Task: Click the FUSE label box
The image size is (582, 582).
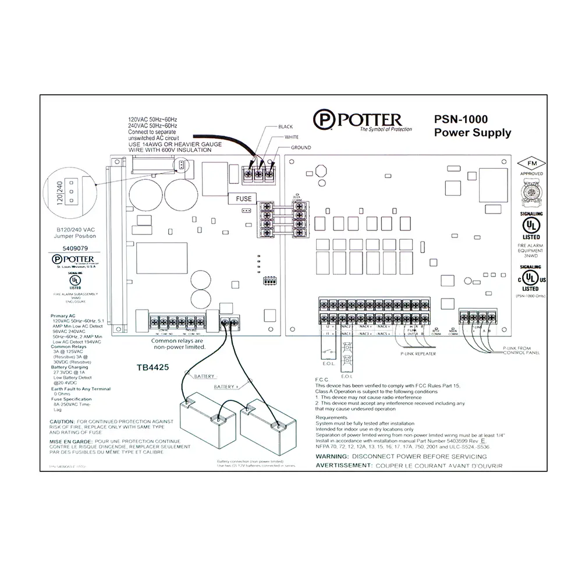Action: coord(244,198)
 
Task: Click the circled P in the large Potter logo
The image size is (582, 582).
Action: coord(323,120)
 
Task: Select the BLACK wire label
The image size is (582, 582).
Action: coord(286,126)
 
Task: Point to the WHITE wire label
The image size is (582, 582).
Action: coord(292,137)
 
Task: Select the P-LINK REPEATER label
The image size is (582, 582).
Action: coord(418,353)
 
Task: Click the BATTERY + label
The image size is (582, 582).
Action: coord(226,387)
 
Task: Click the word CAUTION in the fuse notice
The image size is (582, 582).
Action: coord(62,421)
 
